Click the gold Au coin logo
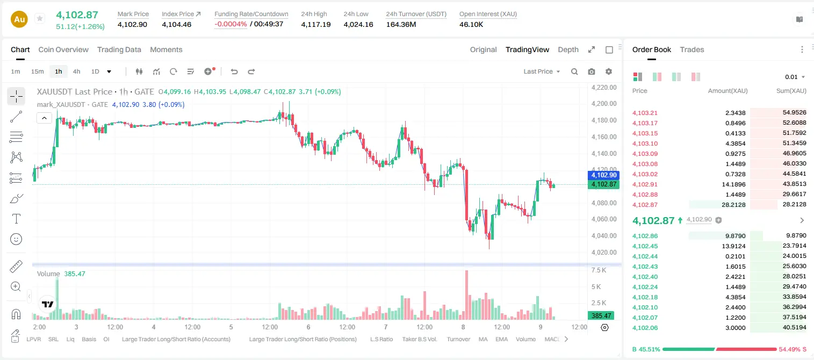tap(19, 19)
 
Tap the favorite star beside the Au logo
tap(40, 18)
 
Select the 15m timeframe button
tap(38, 71)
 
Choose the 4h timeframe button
tap(76, 71)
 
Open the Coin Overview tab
tap(63, 50)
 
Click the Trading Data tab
tap(119, 50)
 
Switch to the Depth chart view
tap(568, 50)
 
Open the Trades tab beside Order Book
tap(692, 50)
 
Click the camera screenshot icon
tap(592, 71)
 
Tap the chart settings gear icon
tap(609, 71)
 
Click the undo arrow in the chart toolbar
tap(234, 71)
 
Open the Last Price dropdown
tap(542, 71)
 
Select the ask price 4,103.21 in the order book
tap(645, 113)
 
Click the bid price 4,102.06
tap(645, 328)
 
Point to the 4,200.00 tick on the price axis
tap(604, 104)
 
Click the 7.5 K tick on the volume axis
tap(599, 270)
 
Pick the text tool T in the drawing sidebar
tap(16, 219)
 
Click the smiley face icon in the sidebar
tap(16, 239)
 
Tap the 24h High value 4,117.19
tap(316, 24)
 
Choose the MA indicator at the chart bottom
tap(483, 339)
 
